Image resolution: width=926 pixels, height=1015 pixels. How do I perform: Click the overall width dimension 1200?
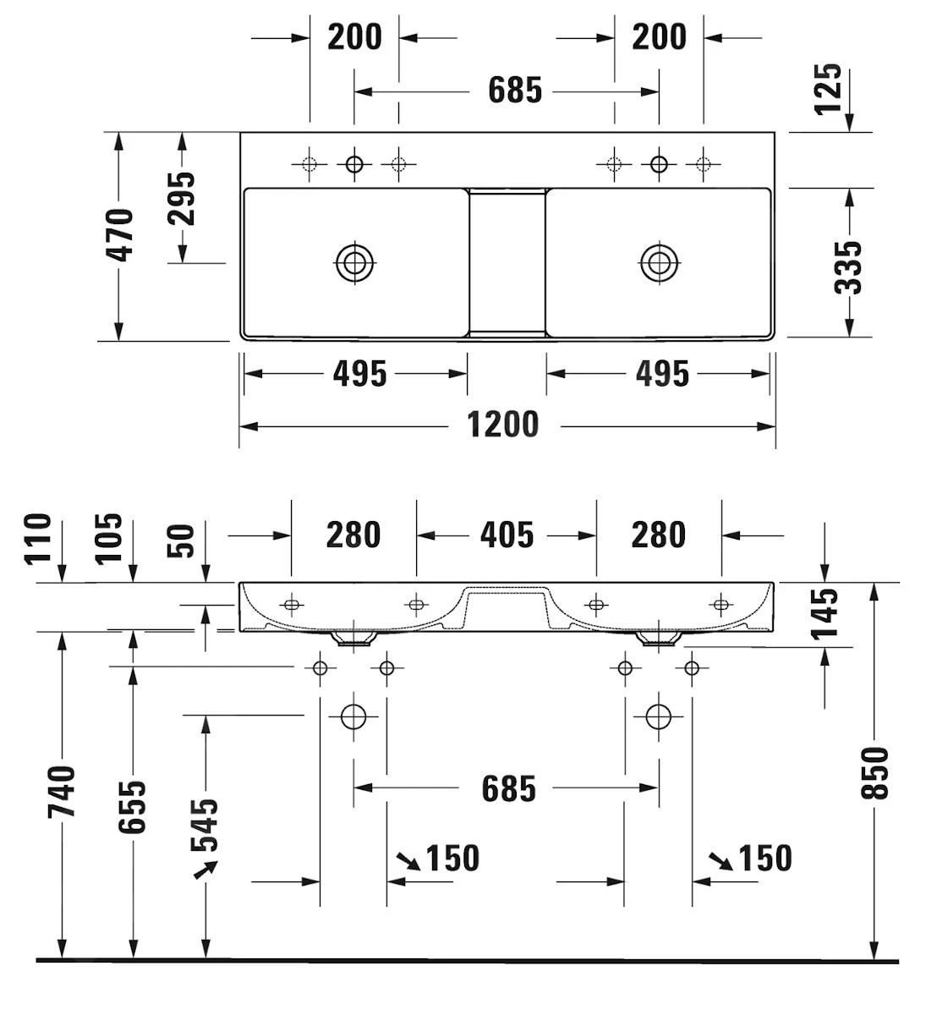coord(503,425)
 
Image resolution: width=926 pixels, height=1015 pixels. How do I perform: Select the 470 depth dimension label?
coord(121,235)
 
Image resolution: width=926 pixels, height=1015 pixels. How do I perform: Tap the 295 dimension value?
coord(181,198)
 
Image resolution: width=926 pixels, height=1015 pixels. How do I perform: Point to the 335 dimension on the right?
coord(848,266)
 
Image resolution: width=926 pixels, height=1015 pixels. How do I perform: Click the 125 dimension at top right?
coord(830,88)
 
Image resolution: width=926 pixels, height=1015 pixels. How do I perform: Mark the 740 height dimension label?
coord(62,791)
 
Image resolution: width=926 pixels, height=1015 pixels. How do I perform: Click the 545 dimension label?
coord(205,824)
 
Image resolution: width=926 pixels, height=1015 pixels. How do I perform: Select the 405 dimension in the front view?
coord(507,535)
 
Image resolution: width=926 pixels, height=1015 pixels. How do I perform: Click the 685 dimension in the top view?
coord(514,90)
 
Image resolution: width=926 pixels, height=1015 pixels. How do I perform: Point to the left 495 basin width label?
coord(359,373)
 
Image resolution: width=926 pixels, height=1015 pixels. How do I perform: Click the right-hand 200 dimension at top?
coord(659,37)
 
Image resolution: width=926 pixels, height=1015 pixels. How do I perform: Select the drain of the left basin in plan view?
coord(354,262)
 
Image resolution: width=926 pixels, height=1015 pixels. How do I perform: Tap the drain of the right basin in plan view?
coord(658,262)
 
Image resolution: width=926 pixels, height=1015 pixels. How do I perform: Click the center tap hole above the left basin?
coord(353,163)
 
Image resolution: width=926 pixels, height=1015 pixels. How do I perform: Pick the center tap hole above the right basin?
coord(658,163)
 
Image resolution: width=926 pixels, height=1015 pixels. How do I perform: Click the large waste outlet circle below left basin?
coord(353,716)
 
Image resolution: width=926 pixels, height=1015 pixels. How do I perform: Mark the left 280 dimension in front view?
coord(353,535)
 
